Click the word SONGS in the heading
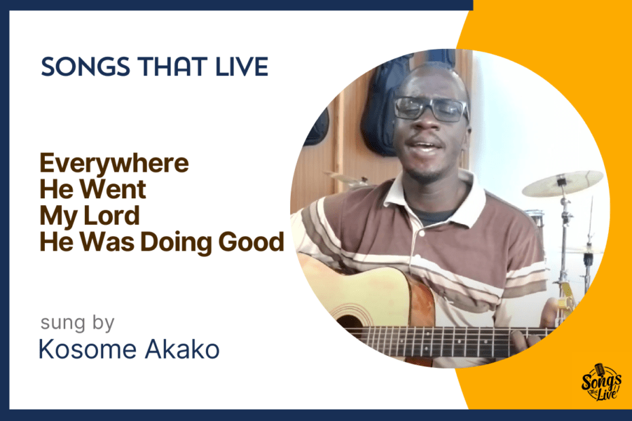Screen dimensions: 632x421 click(86, 67)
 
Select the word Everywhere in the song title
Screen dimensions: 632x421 click(114, 164)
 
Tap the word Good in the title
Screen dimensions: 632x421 click(251, 242)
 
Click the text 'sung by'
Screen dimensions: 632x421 click(77, 323)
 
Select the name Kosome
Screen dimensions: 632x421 click(88, 349)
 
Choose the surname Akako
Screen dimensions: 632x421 click(182, 349)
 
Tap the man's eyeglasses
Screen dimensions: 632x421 click(431, 109)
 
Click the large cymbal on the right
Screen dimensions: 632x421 click(562, 184)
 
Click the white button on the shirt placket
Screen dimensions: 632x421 click(422, 234)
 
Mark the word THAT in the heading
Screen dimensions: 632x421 click(173, 67)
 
